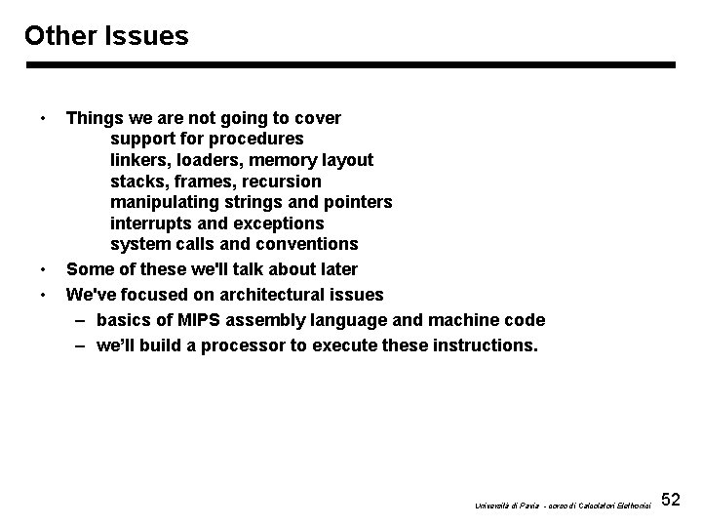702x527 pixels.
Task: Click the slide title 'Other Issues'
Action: tap(106, 36)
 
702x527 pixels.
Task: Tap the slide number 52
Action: tap(671, 501)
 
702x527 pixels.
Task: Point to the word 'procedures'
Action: tap(255, 139)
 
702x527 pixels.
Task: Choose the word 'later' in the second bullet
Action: tap(336, 268)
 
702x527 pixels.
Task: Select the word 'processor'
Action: tap(289, 345)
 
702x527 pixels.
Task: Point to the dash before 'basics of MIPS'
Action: tap(79, 320)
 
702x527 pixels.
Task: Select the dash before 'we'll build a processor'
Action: tap(79, 345)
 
